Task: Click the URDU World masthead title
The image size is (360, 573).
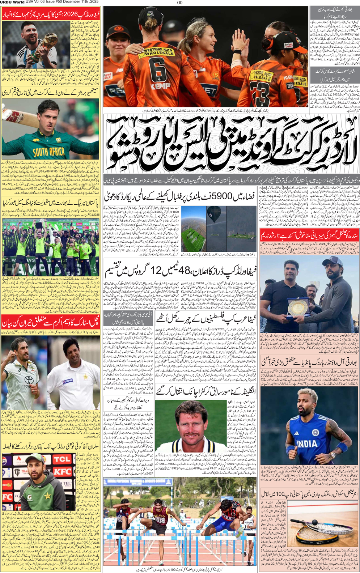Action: [12, 2]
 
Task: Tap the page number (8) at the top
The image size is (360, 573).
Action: [180, 2]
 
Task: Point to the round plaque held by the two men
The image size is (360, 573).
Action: [298, 307]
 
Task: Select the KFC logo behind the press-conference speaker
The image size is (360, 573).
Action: [62, 472]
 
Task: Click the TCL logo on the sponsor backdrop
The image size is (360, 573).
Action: [62, 459]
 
